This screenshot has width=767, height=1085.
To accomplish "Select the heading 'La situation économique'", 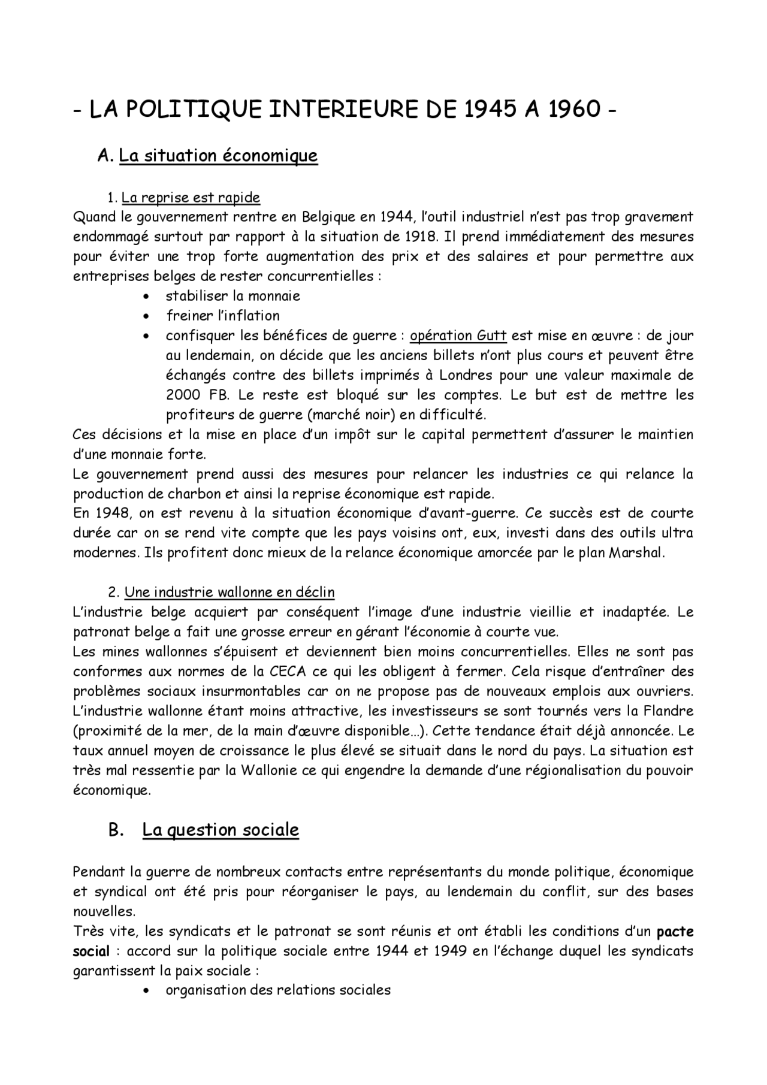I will tap(218, 156).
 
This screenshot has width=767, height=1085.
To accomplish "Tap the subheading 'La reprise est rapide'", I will tap(191, 197).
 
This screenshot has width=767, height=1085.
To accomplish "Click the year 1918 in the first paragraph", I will tap(420, 236).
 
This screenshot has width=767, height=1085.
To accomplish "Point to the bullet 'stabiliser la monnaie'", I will tap(232, 296).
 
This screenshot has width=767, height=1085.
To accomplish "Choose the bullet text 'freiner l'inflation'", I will tap(222, 316).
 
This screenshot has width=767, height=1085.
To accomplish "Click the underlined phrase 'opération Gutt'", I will tap(458, 336).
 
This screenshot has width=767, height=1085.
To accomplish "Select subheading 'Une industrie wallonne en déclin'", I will tap(230, 592).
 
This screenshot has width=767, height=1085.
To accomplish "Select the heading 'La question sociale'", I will tap(221, 830).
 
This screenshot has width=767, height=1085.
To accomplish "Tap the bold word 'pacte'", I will tap(675, 932).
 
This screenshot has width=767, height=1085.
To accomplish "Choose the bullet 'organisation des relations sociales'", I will tap(278, 990).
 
